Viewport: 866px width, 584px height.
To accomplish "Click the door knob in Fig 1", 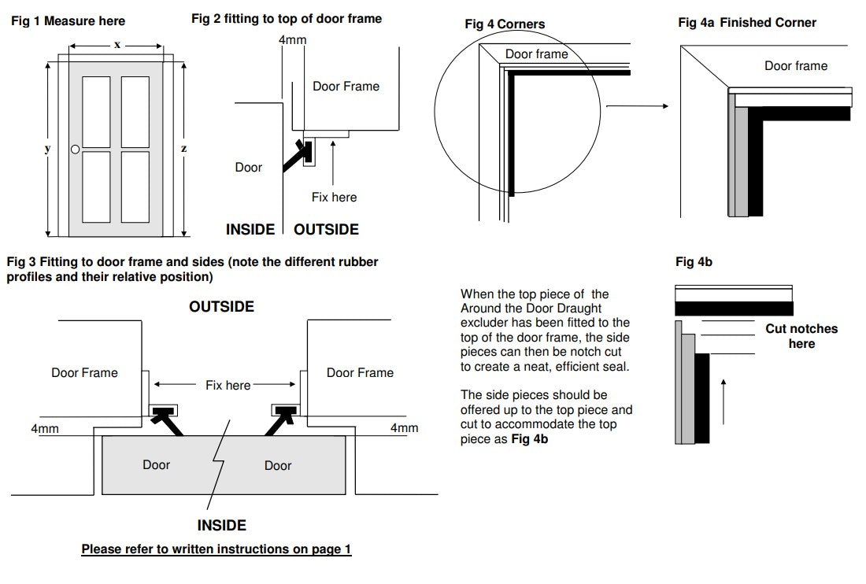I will point(75,149).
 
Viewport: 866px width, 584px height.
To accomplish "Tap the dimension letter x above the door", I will point(117,46).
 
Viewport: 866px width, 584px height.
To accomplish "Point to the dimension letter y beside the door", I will point(47,149).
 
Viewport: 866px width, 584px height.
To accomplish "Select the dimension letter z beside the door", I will point(183,149).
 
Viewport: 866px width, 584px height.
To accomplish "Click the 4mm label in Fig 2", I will point(293,40).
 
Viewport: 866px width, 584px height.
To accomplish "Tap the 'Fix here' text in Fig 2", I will point(334,198).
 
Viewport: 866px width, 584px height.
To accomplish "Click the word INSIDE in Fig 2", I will point(250,230).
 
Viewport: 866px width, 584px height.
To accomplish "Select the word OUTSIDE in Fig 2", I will point(326,230).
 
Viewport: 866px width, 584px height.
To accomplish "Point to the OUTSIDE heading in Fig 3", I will point(221,307).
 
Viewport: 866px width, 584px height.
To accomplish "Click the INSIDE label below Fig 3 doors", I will point(221,526).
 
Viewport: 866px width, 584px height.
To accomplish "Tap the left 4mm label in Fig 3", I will point(45,428).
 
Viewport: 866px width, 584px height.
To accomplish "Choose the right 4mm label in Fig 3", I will point(404,428).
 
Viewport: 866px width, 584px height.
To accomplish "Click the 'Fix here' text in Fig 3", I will point(228,386).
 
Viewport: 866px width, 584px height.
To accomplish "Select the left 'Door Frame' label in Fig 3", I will point(84,373).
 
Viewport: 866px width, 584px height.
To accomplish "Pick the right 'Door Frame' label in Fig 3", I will point(360,373).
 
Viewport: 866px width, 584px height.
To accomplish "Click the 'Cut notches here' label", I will point(801,336).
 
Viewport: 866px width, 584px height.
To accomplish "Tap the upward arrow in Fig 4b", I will point(724,401).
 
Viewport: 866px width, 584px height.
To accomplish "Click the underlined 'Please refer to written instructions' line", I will point(216,549).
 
